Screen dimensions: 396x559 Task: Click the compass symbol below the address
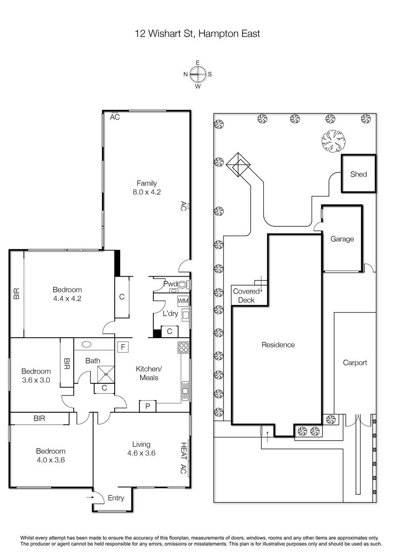[198, 74]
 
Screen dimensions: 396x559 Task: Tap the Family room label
[147, 183]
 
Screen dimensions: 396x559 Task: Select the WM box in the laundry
[183, 301]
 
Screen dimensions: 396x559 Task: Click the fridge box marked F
[123, 347]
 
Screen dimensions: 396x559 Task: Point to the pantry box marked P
[148, 406]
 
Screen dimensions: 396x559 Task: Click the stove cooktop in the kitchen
[184, 348]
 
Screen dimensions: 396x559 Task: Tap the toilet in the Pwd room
[183, 285]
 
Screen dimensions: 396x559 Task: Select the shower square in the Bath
[106, 375]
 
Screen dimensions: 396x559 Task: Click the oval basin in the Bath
[87, 344]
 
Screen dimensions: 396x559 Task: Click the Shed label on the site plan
[358, 174]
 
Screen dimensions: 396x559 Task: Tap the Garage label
[342, 239]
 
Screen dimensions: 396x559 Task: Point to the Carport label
[355, 362]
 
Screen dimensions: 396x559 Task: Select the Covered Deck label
[246, 296]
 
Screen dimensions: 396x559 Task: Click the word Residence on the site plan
[278, 345]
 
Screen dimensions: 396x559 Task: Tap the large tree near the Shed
[334, 141]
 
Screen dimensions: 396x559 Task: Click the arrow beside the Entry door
[90, 498]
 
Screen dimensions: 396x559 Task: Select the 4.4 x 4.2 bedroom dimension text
[67, 299]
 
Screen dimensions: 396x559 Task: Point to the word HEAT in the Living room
[184, 451]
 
